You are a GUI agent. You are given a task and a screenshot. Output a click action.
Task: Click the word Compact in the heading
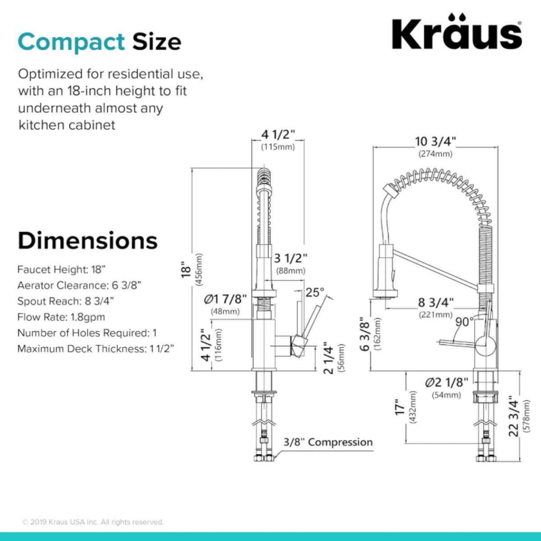click(71, 42)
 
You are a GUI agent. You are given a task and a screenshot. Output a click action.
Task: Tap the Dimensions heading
click(87, 241)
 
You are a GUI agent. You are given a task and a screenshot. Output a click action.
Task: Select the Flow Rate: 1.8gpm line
click(61, 317)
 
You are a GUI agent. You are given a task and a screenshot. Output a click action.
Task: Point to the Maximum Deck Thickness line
click(96, 348)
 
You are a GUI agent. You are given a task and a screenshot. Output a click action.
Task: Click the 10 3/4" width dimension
click(436, 141)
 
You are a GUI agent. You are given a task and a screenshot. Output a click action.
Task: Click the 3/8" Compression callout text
click(328, 442)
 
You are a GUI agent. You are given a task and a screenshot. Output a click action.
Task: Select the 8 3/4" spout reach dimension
click(436, 303)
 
